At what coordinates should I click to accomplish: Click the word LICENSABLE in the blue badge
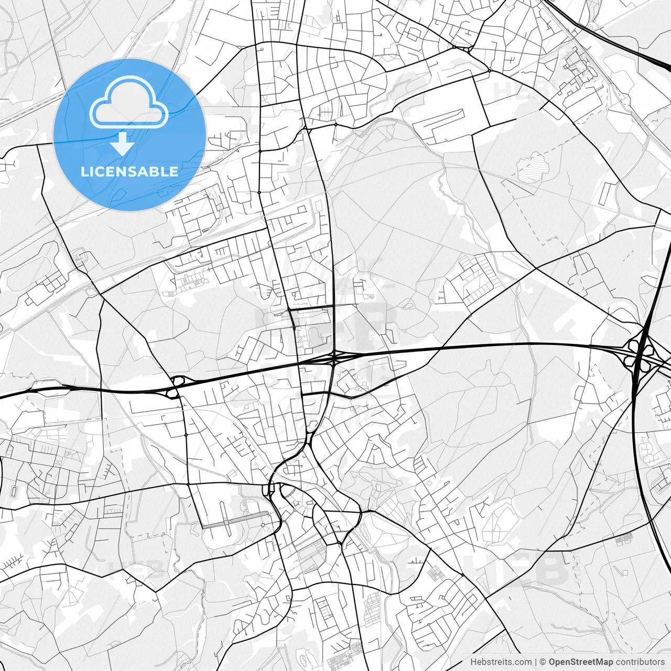(129, 171)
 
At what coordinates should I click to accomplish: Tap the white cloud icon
(129, 103)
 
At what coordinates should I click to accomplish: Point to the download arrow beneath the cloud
(123, 143)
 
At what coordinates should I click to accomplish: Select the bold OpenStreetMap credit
(581, 662)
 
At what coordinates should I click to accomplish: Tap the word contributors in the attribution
(640, 662)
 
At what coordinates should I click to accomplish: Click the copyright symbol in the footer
(543, 662)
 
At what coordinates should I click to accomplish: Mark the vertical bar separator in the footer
(536, 662)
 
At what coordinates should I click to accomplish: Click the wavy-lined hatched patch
(532, 167)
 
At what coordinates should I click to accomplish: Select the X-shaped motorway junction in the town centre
(334, 359)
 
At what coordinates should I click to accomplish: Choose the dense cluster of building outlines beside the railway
(579, 76)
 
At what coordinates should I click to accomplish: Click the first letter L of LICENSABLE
(84, 171)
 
